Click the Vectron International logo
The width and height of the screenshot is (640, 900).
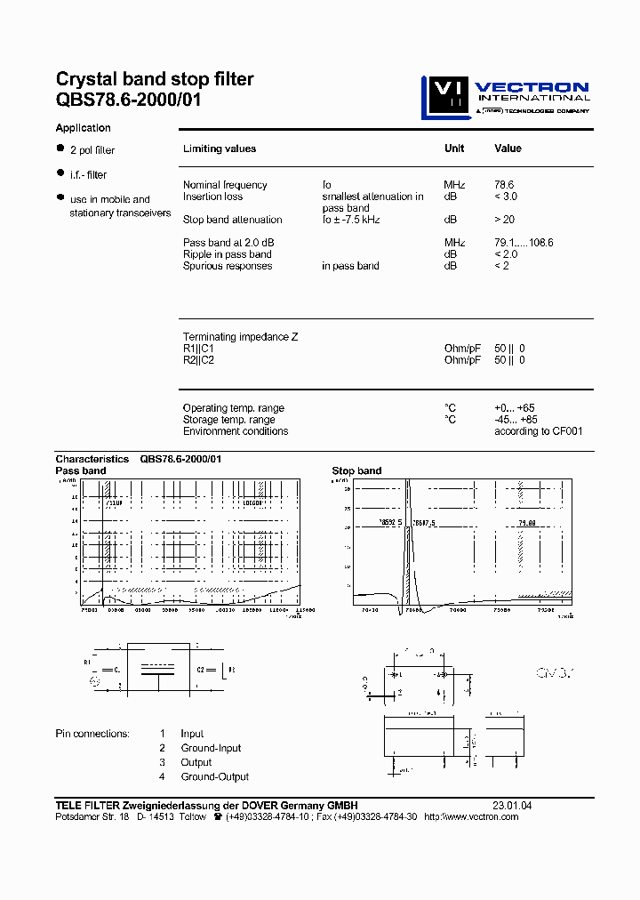pos(505,97)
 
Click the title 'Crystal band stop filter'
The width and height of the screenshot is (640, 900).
pos(155,79)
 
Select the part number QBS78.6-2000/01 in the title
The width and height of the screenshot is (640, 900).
pos(129,100)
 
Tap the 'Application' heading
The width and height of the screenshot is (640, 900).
pos(83,128)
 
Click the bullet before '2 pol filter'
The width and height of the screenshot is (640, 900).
pos(60,149)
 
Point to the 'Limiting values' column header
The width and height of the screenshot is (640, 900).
pos(219,149)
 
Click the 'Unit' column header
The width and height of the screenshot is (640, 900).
pos(454,149)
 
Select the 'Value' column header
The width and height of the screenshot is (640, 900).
pos(508,149)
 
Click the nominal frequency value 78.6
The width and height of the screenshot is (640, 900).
pos(505,185)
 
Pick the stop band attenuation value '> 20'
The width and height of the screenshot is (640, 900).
pos(504,220)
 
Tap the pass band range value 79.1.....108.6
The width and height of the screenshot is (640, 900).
pos(524,243)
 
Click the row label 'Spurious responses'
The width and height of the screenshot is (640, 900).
pos(228,266)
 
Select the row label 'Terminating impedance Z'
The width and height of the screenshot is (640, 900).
pos(240,337)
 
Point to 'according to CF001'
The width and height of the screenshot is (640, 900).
pos(538,431)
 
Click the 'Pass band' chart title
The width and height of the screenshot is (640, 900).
pos(80,470)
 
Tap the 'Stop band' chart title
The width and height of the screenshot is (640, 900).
pos(356,470)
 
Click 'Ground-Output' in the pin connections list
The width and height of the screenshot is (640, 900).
pos(214,776)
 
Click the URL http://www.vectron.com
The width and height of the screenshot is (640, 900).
pos(471,816)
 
